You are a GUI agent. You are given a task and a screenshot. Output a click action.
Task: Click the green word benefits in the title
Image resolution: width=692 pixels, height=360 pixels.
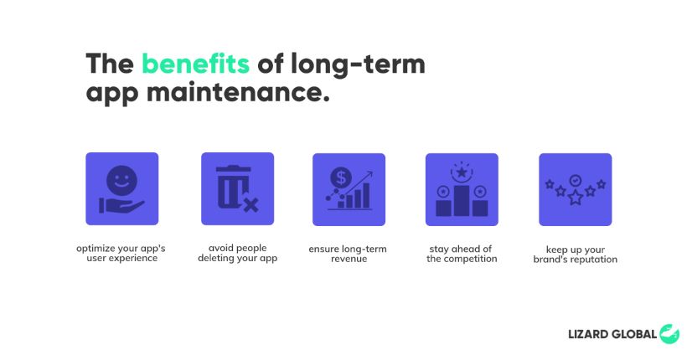pyautogui.click(x=195, y=64)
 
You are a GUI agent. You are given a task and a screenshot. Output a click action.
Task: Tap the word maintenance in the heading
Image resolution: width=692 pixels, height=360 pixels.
pyautogui.click(x=238, y=93)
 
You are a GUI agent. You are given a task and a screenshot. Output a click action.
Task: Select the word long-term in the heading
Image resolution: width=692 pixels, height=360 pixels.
pyautogui.click(x=358, y=64)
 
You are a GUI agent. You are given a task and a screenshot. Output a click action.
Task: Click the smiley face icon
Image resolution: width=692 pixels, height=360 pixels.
pyautogui.click(x=121, y=180)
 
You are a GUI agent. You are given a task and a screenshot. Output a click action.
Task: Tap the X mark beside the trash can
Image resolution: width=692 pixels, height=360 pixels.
pyautogui.click(x=250, y=205)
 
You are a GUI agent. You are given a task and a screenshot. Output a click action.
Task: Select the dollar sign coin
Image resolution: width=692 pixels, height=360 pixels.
pyautogui.click(x=341, y=178)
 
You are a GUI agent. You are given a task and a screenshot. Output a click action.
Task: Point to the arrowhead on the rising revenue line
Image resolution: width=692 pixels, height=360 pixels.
pyautogui.click(x=369, y=174)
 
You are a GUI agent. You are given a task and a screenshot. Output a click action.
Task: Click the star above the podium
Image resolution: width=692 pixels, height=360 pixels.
pyautogui.click(x=462, y=172)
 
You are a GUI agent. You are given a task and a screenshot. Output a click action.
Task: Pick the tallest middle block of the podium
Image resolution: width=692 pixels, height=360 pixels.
pyautogui.click(x=462, y=201)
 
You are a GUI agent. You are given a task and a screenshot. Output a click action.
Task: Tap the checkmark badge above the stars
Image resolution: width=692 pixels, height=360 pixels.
pyautogui.click(x=575, y=181)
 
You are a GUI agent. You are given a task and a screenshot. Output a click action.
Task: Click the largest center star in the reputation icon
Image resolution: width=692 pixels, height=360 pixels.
pyautogui.click(x=575, y=198)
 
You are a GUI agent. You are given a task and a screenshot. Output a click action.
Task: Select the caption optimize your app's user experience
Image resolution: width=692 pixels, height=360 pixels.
pyautogui.click(x=121, y=253)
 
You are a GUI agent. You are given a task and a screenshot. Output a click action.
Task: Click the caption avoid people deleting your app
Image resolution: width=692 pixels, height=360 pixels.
pyautogui.click(x=237, y=253)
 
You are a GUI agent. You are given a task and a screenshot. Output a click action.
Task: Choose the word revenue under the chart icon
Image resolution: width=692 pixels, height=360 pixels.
pyautogui.click(x=349, y=259)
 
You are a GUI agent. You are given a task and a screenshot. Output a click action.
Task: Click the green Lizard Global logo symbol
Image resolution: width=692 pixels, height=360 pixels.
pyautogui.click(x=669, y=334)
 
